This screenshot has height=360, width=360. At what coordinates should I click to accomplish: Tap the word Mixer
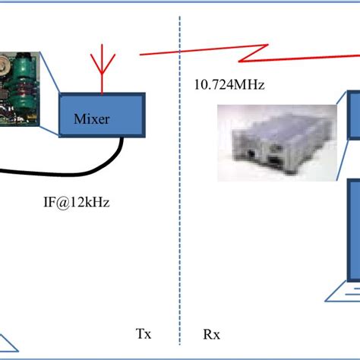[x=93, y=118]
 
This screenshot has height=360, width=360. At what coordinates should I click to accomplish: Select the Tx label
[x=143, y=333]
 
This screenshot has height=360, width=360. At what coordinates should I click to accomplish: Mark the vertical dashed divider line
[x=181, y=228]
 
